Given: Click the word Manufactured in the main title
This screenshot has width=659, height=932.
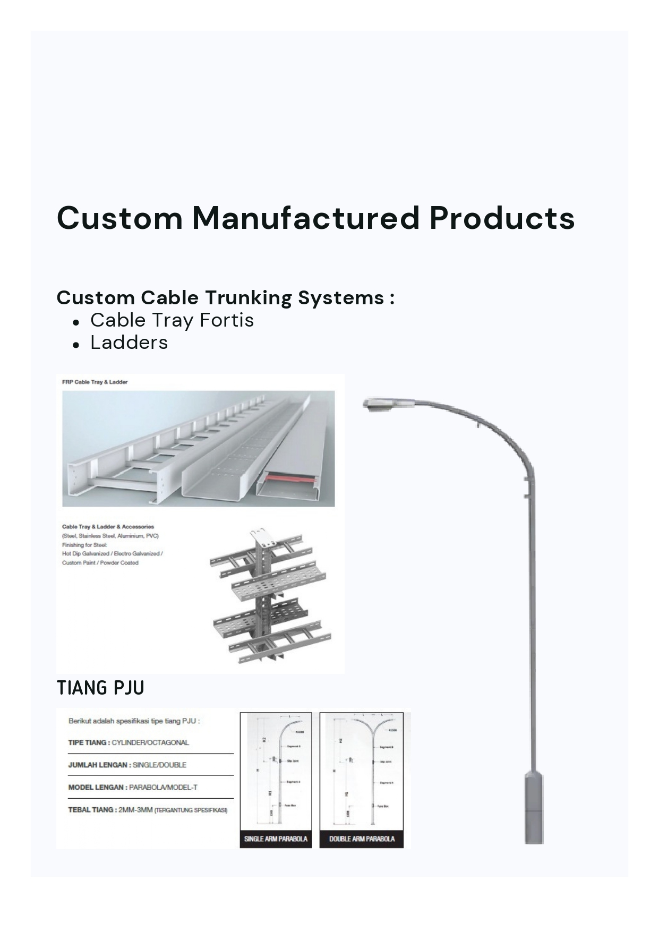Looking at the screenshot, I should pyautogui.click(x=306, y=218).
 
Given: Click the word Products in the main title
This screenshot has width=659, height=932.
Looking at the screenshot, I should pyautogui.click(x=502, y=218).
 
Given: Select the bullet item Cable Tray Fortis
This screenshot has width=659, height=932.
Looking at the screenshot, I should pyautogui.click(x=172, y=320).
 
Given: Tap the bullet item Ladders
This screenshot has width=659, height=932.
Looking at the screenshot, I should pyautogui.click(x=129, y=343).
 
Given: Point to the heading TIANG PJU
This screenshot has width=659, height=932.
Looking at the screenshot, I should pyautogui.click(x=100, y=688).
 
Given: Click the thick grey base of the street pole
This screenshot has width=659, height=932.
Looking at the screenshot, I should pyautogui.click(x=534, y=807).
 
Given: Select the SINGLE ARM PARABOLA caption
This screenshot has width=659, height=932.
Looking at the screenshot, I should pyautogui.click(x=276, y=839).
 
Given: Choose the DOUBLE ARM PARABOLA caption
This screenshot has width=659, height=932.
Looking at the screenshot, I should pyautogui.click(x=362, y=839).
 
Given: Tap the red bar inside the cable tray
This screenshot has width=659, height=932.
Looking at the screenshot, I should pyautogui.click(x=289, y=479).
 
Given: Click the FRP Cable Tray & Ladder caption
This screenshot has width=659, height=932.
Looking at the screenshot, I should pyautogui.click(x=95, y=382).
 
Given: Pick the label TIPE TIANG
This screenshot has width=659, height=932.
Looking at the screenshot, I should pyautogui.click(x=88, y=742).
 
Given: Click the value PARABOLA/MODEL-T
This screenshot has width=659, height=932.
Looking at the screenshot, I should pyautogui.click(x=163, y=787).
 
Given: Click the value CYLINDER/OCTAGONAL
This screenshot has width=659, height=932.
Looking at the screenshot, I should pyautogui.click(x=150, y=742).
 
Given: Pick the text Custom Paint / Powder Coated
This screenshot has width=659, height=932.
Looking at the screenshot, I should pyautogui.click(x=100, y=562).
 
